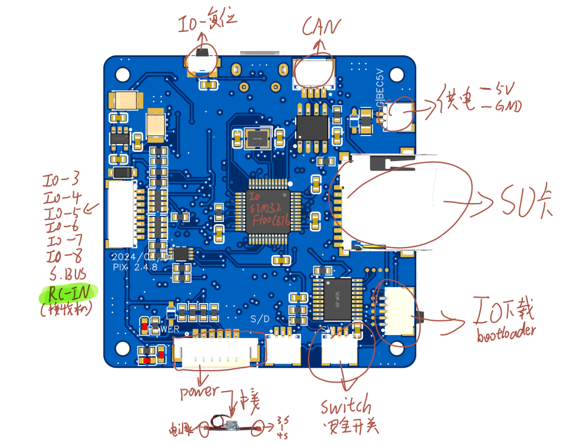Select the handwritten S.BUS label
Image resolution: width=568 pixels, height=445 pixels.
(x=68, y=274)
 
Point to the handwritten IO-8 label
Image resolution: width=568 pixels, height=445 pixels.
(x=64, y=257)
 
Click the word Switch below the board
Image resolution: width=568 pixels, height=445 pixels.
(x=346, y=407)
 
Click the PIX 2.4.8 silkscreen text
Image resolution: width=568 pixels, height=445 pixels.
(x=134, y=267)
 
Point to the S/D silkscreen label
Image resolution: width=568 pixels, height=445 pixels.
(x=260, y=318)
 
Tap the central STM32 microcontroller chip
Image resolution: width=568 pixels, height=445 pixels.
(x=268, y=208)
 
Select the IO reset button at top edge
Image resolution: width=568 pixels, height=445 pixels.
(x=203, y=63)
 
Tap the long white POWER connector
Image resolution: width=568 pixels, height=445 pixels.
(x=218, y=351)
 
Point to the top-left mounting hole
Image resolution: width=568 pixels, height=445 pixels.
(x=122, y=74)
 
